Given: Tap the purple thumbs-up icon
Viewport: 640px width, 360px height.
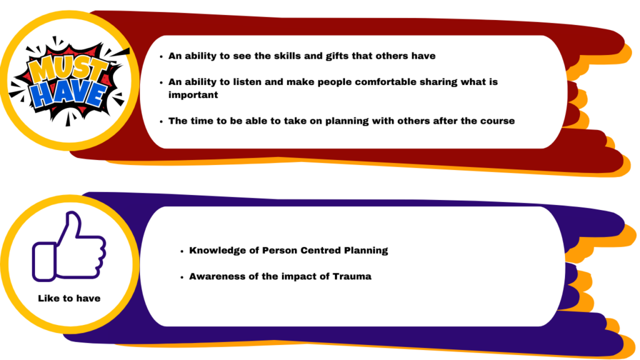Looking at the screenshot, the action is [x=69, y=246].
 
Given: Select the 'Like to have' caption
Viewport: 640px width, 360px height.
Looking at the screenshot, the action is [x=69, y=298].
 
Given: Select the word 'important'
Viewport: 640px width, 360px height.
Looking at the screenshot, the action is [x=193, y=95].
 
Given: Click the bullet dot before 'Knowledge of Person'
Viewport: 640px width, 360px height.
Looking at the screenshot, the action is [x=182, y=251].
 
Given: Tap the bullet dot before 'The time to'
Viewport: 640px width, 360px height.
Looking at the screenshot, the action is [x=161, y=122].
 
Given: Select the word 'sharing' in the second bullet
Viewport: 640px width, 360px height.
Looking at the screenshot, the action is [x=438, y=82].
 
